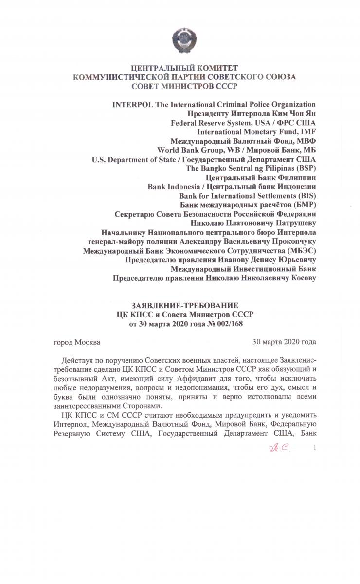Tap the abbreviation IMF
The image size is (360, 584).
pos(308,132)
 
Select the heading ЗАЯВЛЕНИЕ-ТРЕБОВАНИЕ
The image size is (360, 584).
pos(180,305)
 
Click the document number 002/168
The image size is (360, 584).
pos(237,324)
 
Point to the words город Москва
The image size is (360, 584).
pos(77,342)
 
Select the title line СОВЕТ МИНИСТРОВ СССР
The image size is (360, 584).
pos(180,87)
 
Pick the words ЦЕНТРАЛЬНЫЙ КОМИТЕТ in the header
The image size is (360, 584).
pos(180,68)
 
